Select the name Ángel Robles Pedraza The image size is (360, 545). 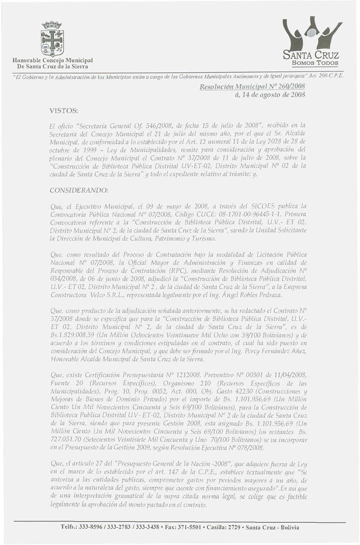(x=263, y=295)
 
